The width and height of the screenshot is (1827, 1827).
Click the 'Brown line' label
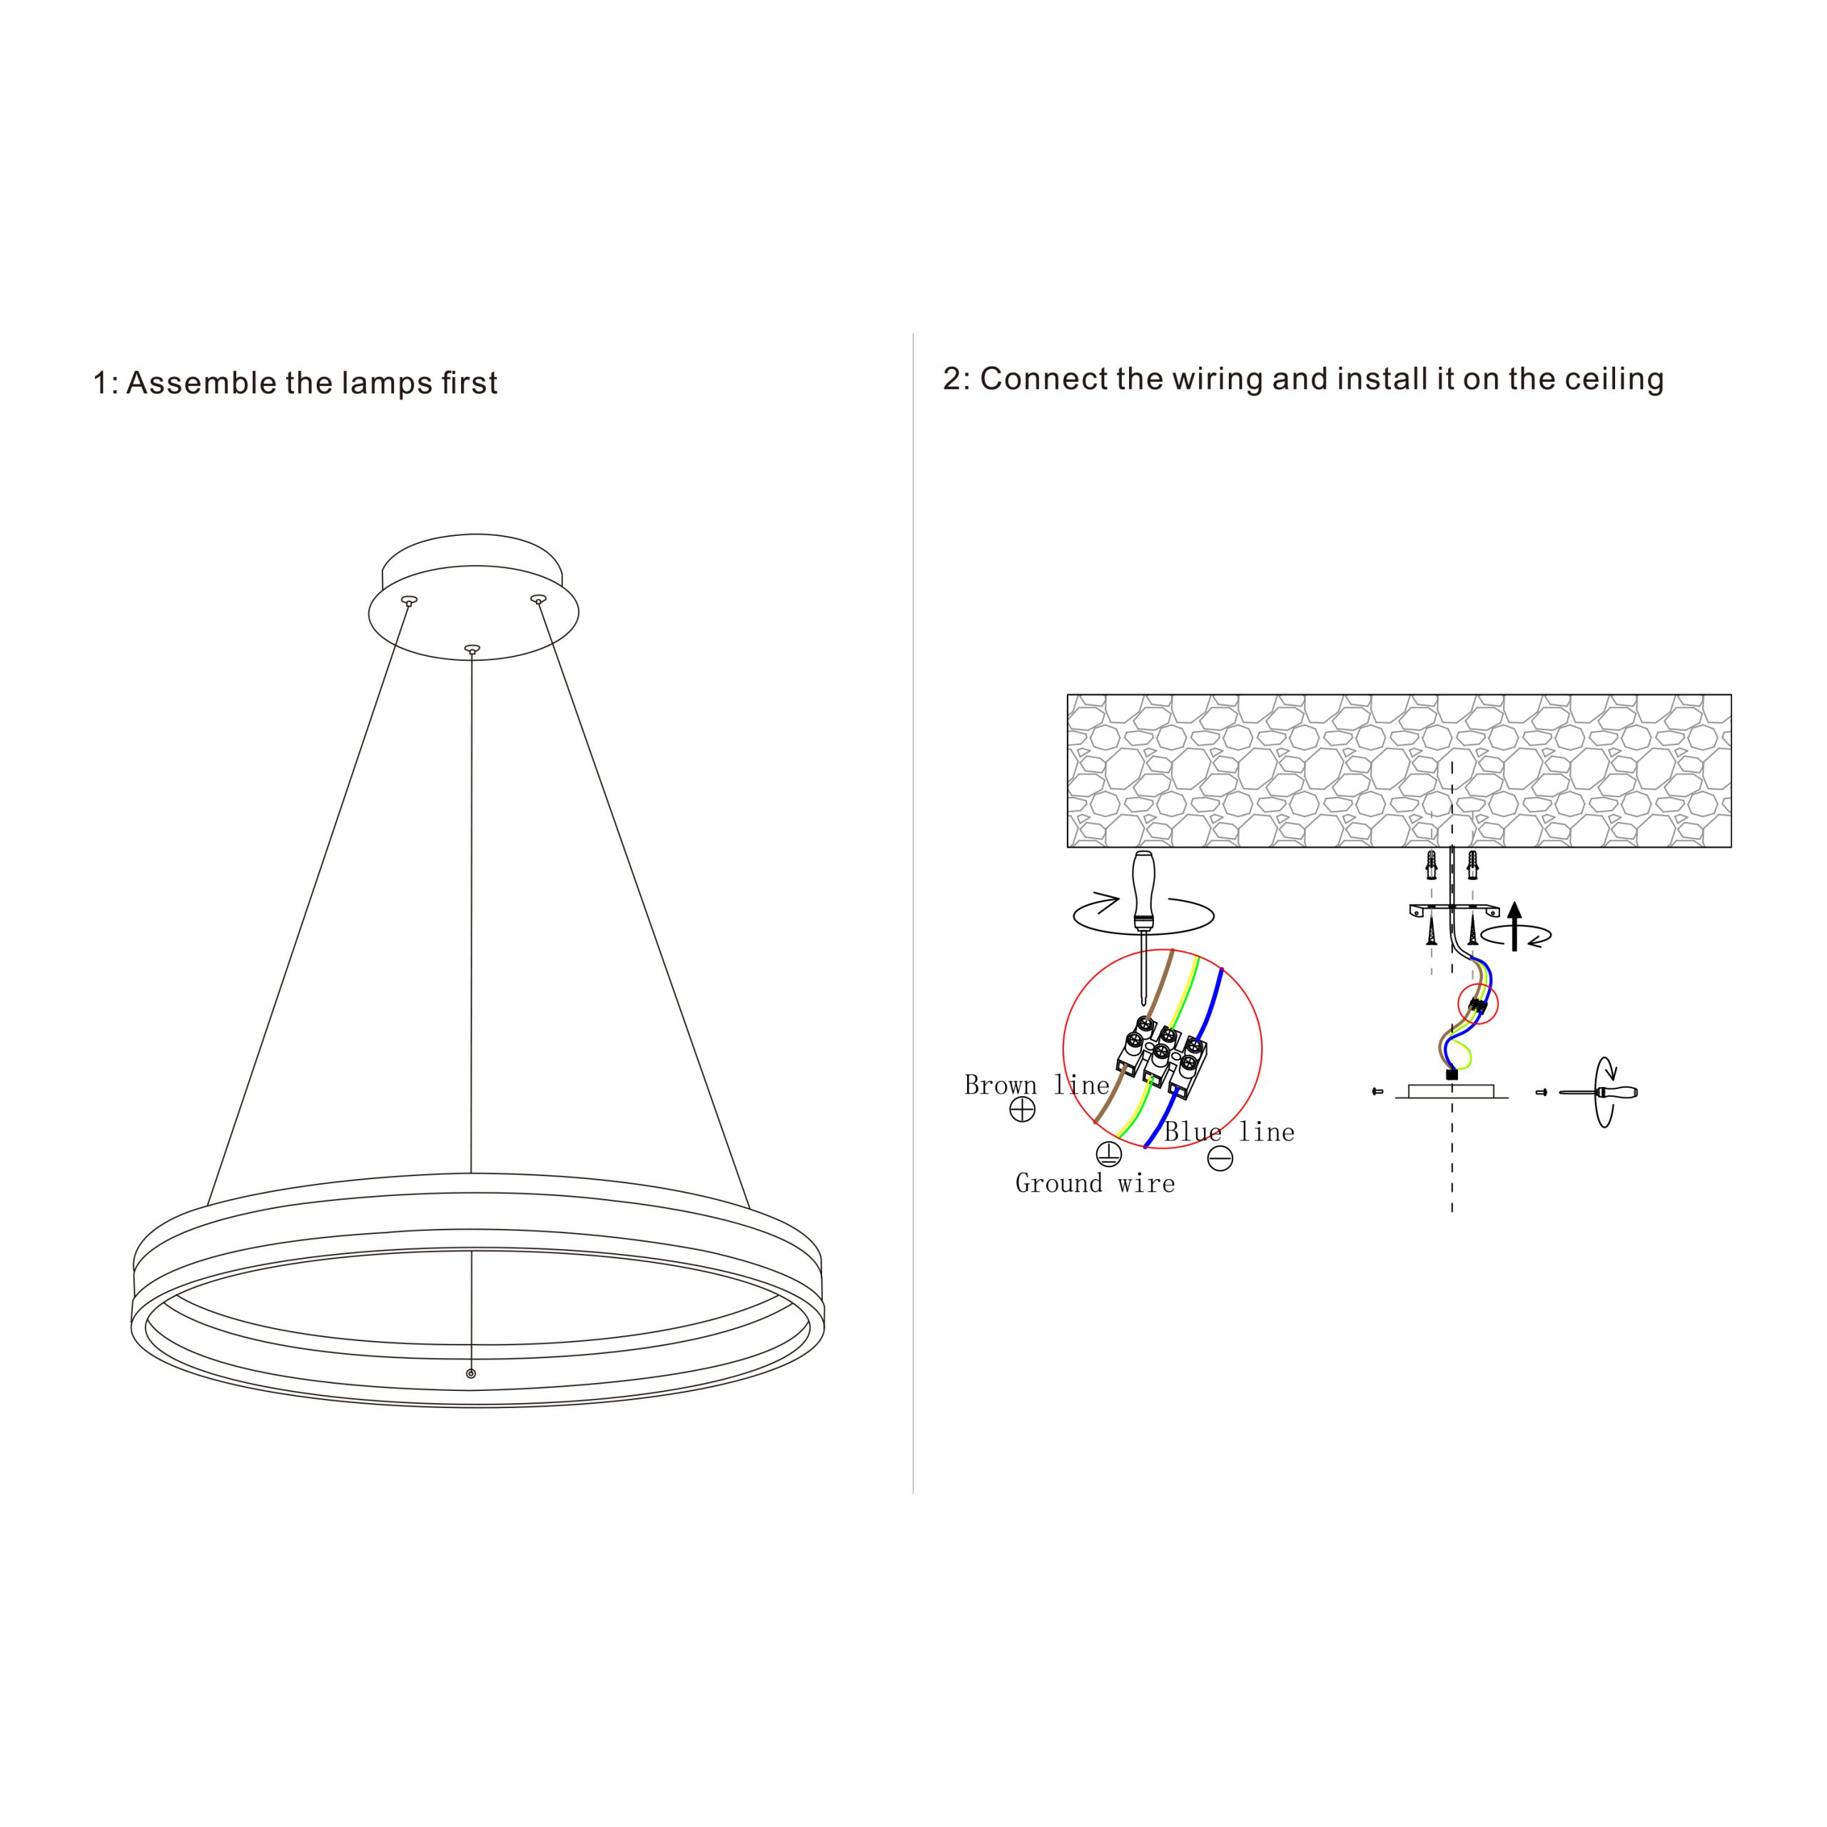(1036, 1085)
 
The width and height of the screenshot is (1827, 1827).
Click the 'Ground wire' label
(1095, 1183)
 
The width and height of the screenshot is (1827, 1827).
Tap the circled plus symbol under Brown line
(1022, 1109)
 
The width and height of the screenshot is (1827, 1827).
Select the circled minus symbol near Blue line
(1221, 1158)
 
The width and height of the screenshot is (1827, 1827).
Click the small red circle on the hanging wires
(1479, 1004)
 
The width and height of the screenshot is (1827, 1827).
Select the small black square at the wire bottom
(1452, 1074)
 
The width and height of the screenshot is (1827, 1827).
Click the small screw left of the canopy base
(1377, 1092)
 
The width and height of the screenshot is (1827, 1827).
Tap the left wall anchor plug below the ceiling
(1432, 864)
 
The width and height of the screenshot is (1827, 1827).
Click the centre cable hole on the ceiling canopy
(472, 649)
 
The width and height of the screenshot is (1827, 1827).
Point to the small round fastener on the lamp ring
(471, 1374)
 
